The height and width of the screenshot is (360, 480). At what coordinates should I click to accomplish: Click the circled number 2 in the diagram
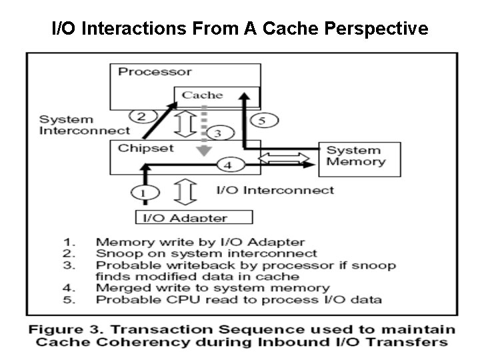pyautogui.click(x=141, y=116)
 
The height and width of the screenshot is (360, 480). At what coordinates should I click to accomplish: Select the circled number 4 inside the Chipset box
pyautogui.click(x=228, y=164)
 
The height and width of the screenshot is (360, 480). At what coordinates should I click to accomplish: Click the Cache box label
pyautogui.click(x=203, y=95)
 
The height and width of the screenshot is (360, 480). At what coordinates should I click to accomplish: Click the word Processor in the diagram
pyautogui.click(x=155, y=71)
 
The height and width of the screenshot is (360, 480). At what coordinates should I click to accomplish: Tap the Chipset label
pyautogui.click(x=145, y=148)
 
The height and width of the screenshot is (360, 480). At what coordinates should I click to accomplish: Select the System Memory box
pyautogui.click(x=359, y=157)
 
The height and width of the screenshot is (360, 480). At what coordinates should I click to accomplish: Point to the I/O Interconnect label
pyautogui.click(x=275, y=190)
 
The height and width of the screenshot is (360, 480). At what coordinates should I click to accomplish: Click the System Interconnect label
pyautogui.click(x=84, y=125)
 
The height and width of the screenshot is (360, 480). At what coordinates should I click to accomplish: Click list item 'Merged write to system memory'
pyautogui.click(x=213, y=288)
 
